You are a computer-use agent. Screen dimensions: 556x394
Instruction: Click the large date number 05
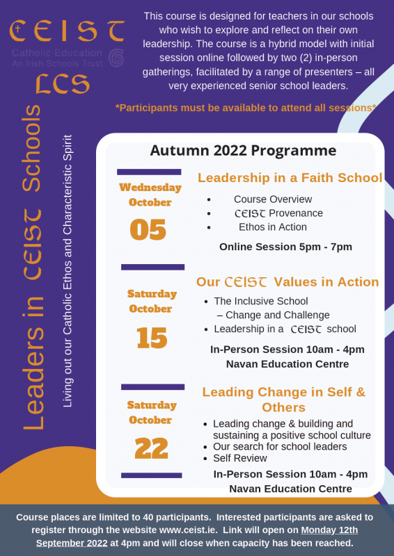tap(148, 229)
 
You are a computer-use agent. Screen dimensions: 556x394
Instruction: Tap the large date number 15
tap(152, 338)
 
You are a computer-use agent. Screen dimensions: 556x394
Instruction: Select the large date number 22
tap(152, 448)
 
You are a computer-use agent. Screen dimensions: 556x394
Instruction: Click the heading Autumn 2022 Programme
tap(243, 151)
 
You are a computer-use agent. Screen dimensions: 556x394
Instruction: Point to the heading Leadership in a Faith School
tap(290, 178)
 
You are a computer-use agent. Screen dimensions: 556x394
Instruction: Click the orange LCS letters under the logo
tap(63, 83)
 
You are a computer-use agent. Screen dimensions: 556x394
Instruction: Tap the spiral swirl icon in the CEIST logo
tap(117, 56)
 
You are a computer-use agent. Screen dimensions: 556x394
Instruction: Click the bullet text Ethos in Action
tap(272, 227)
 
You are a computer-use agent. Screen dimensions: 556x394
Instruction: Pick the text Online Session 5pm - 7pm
tap(285, 247)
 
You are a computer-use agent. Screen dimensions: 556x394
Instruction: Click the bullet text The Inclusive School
tap(261, 301)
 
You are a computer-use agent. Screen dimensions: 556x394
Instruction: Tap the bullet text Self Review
tap(240, 458)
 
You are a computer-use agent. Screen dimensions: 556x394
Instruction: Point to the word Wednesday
tap(150, 187)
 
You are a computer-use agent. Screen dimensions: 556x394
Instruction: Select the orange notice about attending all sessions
tap(246, 108)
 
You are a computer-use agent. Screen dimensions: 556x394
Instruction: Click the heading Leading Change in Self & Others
tap(283, 400)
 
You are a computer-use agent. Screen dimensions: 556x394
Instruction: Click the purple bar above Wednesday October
tap(149, 172)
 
